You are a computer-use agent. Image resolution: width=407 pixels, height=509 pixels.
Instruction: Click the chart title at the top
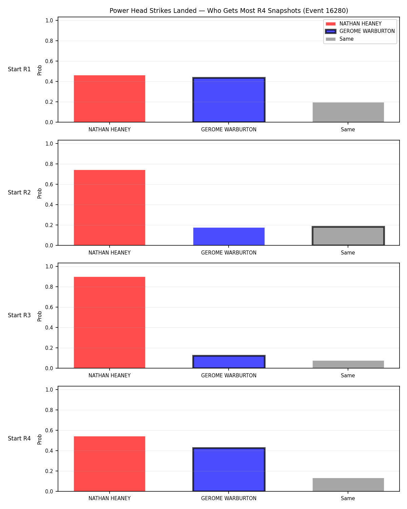click(229, 11)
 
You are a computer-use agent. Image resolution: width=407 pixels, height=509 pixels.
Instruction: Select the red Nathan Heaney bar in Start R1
click(110, 99)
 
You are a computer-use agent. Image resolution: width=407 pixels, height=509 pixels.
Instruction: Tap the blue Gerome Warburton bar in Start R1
click(229, 100)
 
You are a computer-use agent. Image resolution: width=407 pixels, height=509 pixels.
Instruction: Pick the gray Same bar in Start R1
click(348, 112)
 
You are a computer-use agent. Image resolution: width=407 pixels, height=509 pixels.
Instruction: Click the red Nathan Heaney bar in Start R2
click(110, 207)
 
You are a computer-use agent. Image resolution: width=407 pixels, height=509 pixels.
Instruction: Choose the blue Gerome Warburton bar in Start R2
click(229, 236)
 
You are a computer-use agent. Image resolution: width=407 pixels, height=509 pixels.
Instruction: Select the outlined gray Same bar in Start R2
click(348, 236)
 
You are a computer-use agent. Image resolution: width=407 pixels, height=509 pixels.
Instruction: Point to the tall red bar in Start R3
click(110, 322)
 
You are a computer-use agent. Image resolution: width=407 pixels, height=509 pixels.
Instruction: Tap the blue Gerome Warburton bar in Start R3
click(229, 362)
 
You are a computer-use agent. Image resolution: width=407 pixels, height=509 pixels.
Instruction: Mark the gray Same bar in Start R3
click(348, 364)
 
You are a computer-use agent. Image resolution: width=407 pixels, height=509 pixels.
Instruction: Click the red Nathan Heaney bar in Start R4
click(110, 464)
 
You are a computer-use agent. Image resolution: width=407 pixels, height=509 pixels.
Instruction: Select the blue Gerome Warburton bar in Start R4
click(229, 469)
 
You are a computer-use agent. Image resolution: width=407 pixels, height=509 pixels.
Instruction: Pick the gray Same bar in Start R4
click(348, 485)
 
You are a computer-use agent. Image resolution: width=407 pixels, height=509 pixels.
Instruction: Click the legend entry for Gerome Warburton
click(360, 31)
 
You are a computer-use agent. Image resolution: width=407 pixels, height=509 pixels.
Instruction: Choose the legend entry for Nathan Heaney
click(353, 24)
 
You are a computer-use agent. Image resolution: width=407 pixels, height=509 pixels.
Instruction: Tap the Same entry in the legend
click(340, 39)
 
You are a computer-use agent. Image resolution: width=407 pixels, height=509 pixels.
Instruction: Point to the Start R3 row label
click(19, 315)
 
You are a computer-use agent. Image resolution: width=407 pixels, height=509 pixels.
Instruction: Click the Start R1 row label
click(19, 69)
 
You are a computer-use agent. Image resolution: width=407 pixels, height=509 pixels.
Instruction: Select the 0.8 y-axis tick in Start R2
click(49, 164)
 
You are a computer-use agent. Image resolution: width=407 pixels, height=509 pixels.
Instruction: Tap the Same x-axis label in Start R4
click(348, 498)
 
